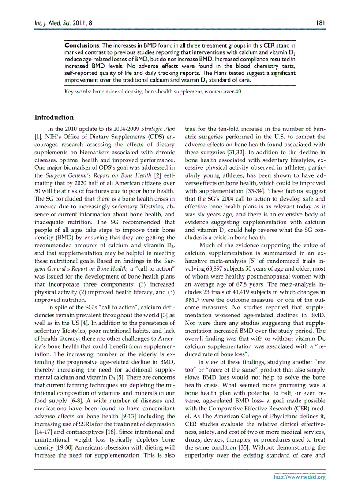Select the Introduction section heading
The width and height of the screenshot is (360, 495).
click(x=54, y=117)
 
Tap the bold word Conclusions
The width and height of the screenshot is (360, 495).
click(x=82, y=45)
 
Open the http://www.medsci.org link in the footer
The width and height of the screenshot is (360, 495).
click(x=300, y=477)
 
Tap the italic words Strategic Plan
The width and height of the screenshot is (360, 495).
click(x=158, y=129)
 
